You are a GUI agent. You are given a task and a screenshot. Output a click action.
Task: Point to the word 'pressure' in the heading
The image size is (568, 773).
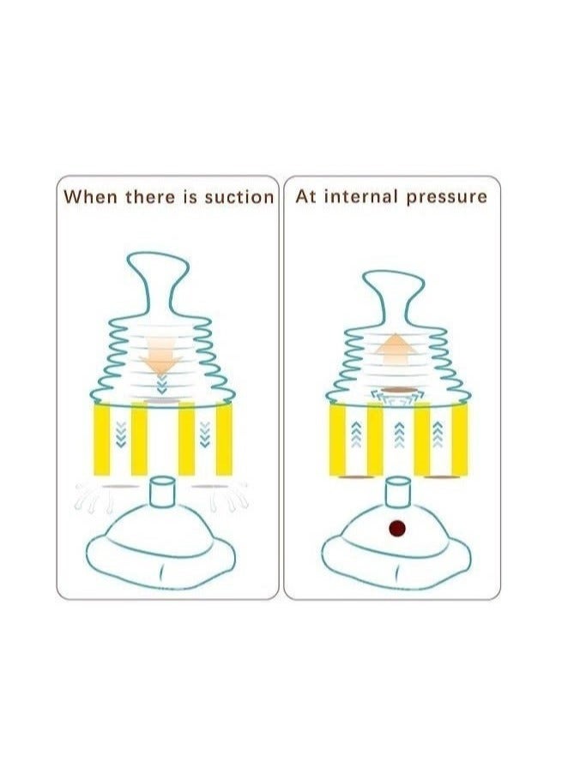tap(446, 196)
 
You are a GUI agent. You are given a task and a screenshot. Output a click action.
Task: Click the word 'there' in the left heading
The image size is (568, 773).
tap(150, 196)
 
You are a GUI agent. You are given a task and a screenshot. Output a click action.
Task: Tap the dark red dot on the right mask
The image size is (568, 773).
tap(397, 527)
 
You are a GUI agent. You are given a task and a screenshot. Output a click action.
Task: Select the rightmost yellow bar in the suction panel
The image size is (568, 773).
tap(224, 440)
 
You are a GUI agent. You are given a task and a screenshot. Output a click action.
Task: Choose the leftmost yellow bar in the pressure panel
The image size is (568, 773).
tap(337, 440)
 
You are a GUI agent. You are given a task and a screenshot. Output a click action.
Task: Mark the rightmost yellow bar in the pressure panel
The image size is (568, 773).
tap(458, 440)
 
